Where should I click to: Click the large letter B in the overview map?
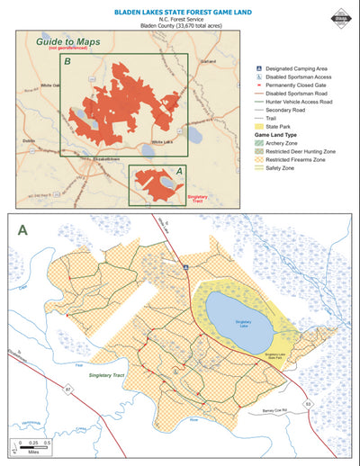pyautogui.click(x=67, y=61)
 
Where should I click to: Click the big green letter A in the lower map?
pyautogui.click(x=23, y=229)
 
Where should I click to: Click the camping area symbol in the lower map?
pyautogui.click(x=185, y=267)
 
